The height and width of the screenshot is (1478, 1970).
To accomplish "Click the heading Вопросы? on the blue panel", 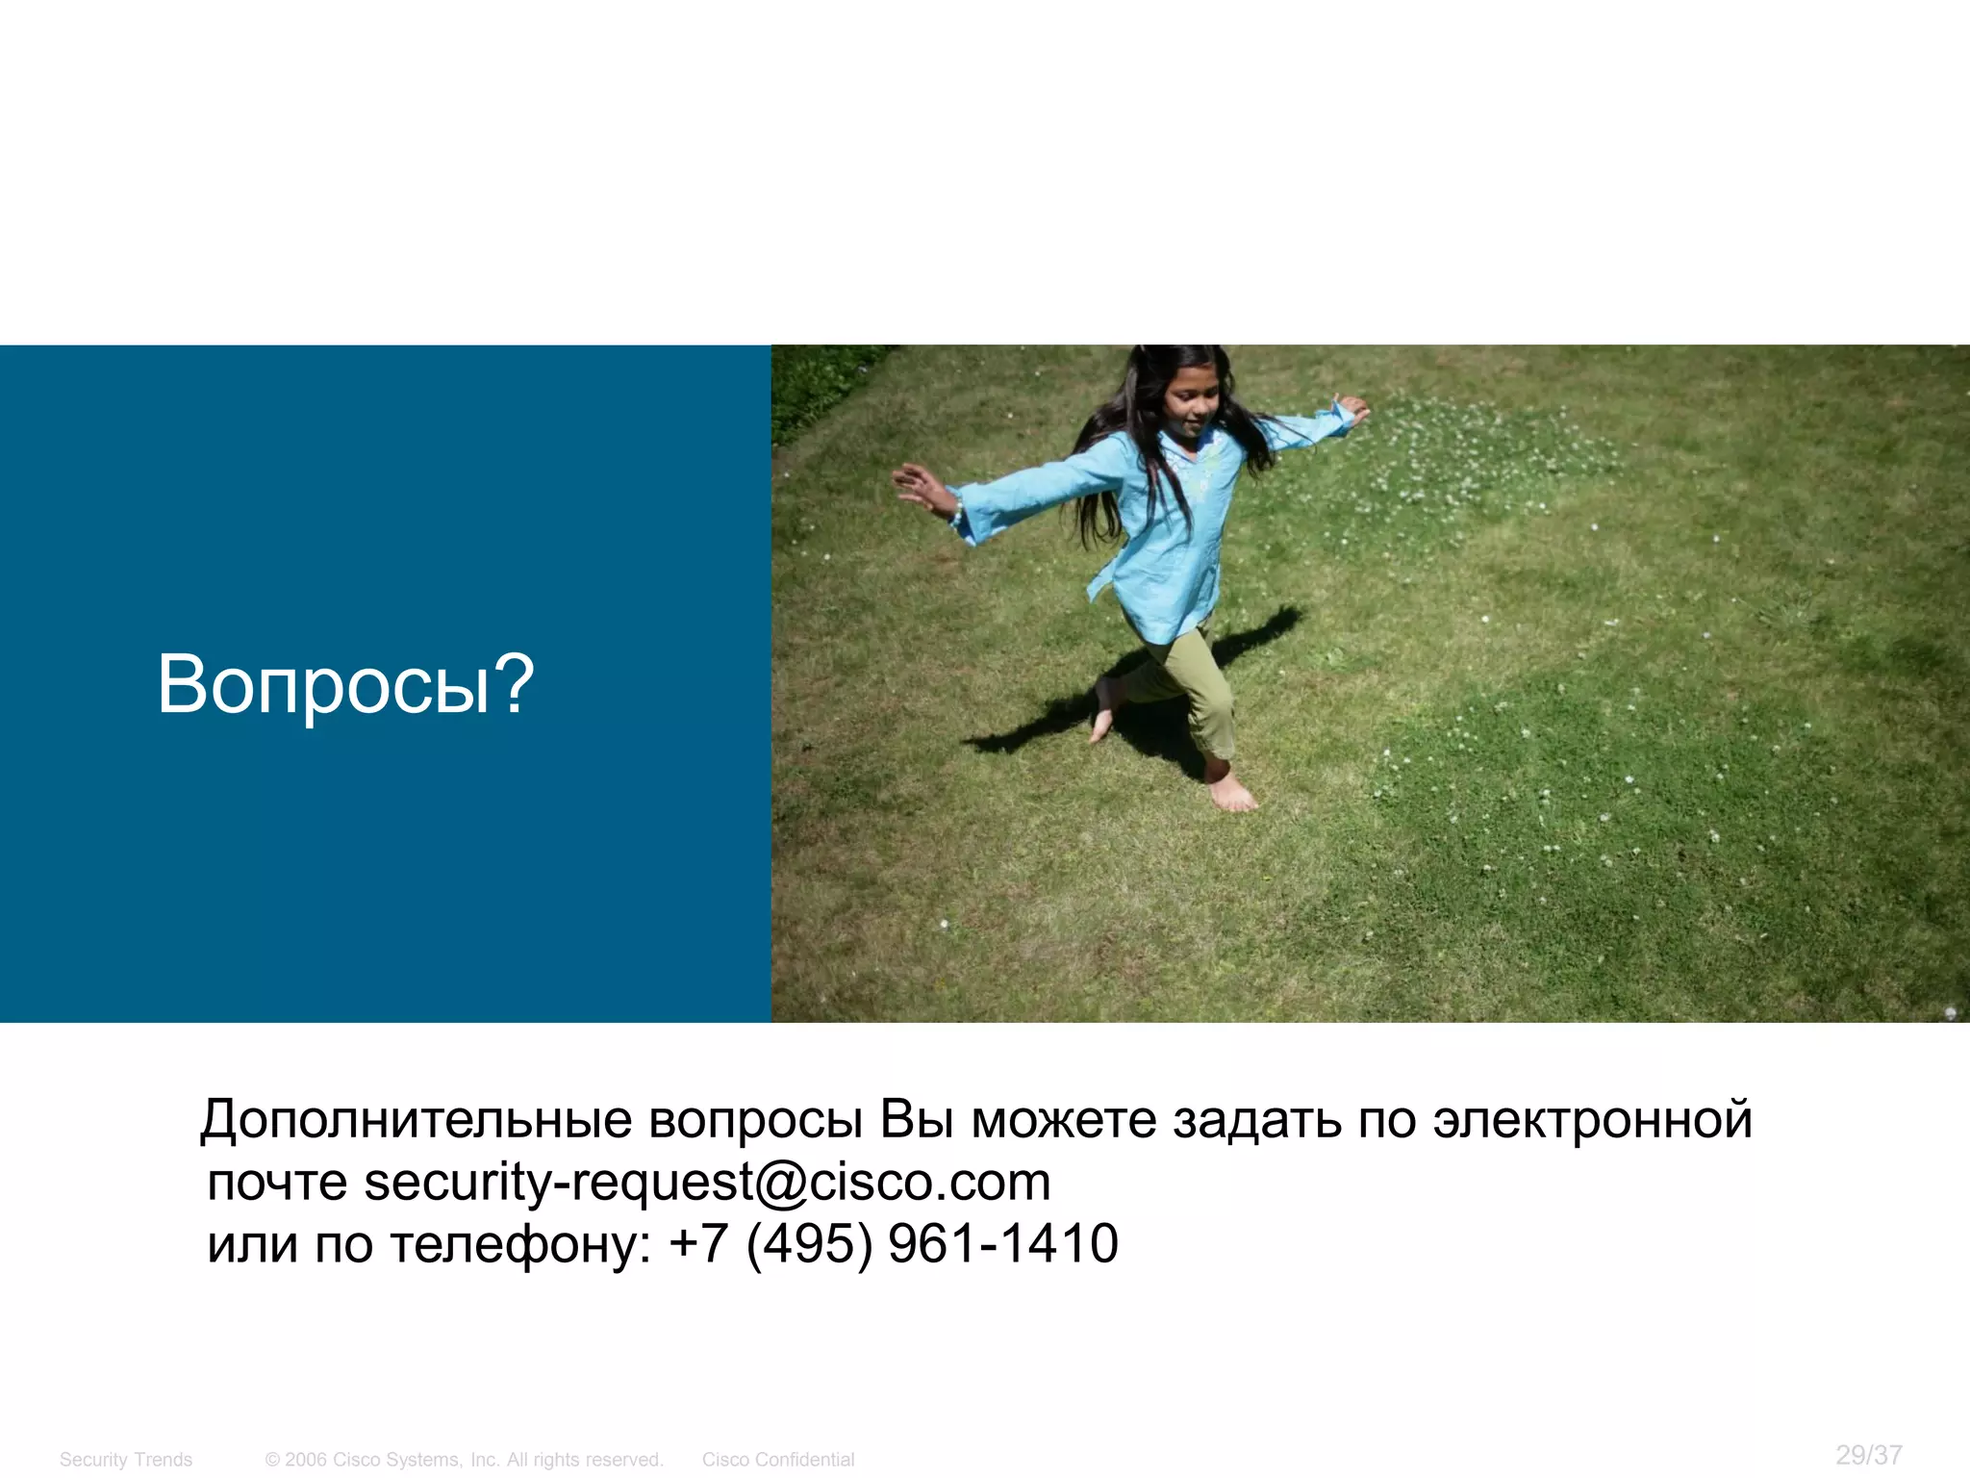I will tap(345, 684).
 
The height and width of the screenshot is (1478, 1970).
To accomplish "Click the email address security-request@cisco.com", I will tap(707, 1182).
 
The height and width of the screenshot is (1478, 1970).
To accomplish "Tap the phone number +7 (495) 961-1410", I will tap(894, 1243).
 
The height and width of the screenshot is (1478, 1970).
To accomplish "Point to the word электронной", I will tap(1592, 1120).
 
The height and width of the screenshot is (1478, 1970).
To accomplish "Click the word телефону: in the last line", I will tap(520, 1244).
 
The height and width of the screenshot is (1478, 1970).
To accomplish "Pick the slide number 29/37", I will tap(1868, 1454).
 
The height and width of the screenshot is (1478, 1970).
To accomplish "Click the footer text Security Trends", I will tap(126, 1460).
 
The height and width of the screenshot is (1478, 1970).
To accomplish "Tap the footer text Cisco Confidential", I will tap(777, 1460).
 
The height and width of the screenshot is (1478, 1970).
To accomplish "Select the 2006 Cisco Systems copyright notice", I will tap(465, 1460).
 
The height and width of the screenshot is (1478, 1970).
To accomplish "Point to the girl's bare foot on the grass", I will tap(1231, 794).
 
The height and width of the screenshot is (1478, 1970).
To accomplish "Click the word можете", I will tap(1064, 1120).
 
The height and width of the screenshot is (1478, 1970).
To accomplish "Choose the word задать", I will tap(1256, 1120).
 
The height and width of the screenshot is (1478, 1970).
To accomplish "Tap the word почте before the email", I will tap(277, 1183).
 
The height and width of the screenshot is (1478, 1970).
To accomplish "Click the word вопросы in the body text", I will tap(755, 1120).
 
